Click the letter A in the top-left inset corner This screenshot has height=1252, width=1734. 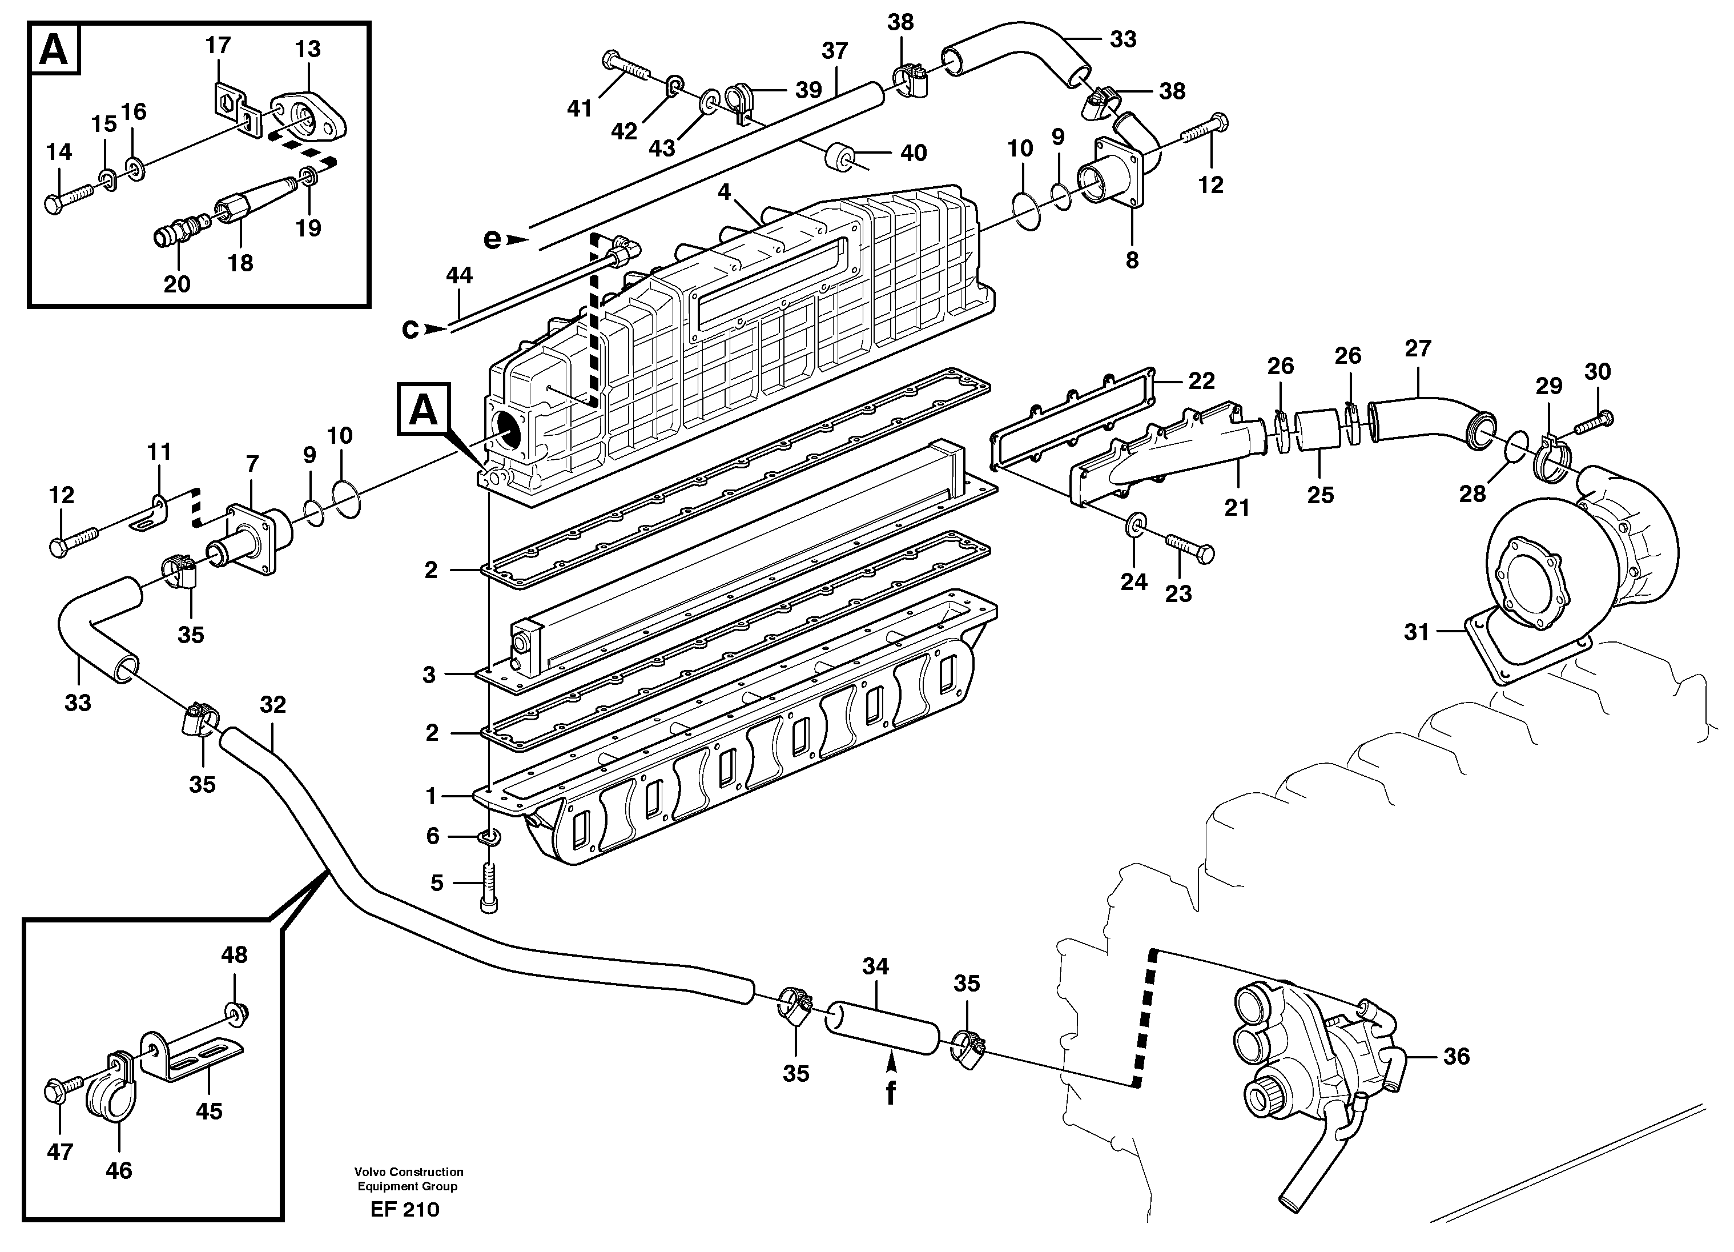coord(54,50)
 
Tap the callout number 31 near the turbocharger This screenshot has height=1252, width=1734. coord(1416,632)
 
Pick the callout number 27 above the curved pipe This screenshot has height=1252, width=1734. coord(1418,349)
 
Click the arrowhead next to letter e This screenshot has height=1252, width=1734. coord(518,239)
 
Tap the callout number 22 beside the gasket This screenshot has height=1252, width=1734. coord(1202,381)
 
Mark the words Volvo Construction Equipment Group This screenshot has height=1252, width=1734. coord(408,1178)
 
